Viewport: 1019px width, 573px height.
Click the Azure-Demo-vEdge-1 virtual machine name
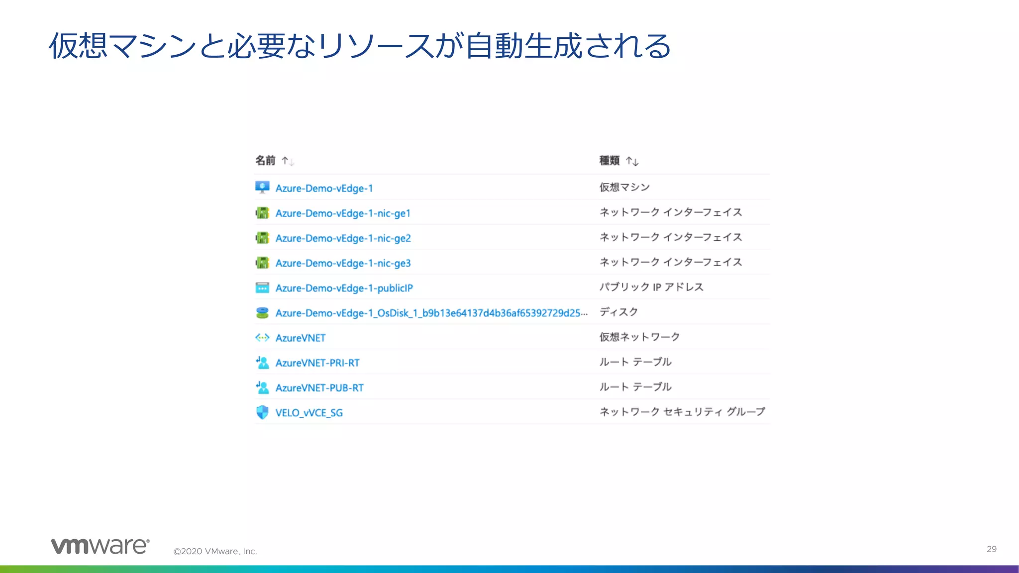pyautogui.click(x=324, y=189)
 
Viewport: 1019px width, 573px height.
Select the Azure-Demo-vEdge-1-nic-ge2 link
pyautogui.click(x=343, y=238)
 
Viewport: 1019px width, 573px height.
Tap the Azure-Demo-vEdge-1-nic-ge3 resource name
pyautogui.click(x=343, y=263)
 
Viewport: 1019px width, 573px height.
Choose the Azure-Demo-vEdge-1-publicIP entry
pyautogui.click(x=344, y=288)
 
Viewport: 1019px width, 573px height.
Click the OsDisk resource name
pyautogui.click(x=431, y=313)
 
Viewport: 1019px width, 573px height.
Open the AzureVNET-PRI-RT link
pyautogui.click(x=317, y=363)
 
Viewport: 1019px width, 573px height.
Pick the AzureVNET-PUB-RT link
pyautogui.click(x=319, y=388)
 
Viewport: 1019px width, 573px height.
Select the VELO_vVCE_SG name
pyautogui.click(x=308, y=413)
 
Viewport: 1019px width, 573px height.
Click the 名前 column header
pyautogui.click(x=265, y=160)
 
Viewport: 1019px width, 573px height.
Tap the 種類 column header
pyautogui.click(x=609, y=160)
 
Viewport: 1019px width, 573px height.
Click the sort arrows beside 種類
pyautogui.click(x=632, y=161)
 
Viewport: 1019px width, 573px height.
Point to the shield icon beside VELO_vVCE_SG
pyautogui.click(x=262, y=412)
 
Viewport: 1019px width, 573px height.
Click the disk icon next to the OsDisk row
pyautogui.click(x=262, y=313)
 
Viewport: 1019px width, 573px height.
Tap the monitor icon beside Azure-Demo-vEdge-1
pyautogui.click(x=262, y=188)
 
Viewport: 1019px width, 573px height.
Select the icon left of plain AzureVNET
pyautogui.click(x=262, y=338)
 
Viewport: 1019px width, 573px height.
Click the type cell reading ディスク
pyautogui.click(x=618, y=312)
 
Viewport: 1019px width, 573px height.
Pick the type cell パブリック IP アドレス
pyautogui.click(x=651, y=287)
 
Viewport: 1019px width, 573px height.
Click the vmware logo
pyautogui.click(x=100, y=546)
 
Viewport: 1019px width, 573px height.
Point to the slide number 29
pyautogui.click(x=991, y=549)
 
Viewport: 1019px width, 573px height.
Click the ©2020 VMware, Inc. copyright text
pyautogui.click(x=215, y=551)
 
